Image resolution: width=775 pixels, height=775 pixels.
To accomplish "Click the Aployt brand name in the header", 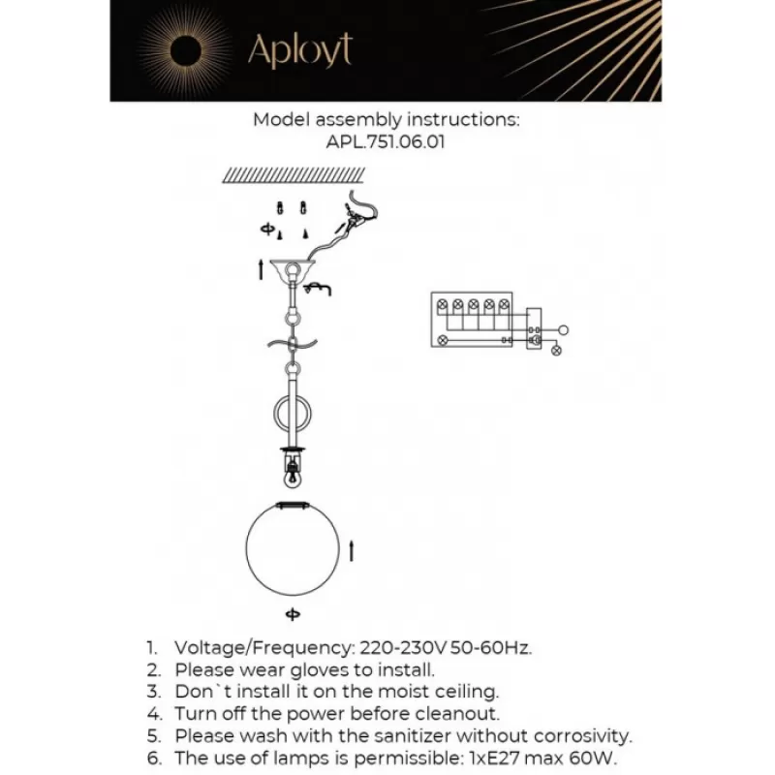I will point(299,49).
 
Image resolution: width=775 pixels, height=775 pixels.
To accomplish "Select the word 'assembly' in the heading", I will point(354,120).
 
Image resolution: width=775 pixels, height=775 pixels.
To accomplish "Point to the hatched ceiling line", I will point(294,175).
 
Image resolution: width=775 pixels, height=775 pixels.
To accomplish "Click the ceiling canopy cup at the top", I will point(291,271).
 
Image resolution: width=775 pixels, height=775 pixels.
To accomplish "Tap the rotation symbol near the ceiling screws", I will point(266,229).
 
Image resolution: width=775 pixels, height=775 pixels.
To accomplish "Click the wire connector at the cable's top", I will point(356,219).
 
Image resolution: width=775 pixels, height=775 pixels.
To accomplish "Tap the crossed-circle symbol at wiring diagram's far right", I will point(556,351).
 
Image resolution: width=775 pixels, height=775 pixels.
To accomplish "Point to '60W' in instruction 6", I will point(593,758).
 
